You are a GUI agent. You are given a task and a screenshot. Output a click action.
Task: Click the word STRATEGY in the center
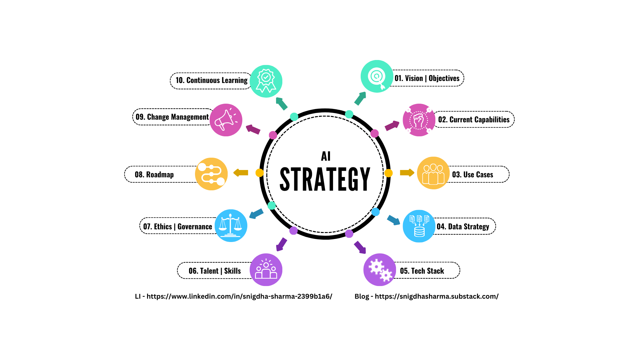325,179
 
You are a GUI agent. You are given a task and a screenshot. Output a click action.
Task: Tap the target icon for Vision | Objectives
377,76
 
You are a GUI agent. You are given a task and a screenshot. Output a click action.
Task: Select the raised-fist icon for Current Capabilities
419,120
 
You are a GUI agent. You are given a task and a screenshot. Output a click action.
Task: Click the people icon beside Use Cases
433,173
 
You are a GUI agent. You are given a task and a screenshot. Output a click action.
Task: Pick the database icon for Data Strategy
419,226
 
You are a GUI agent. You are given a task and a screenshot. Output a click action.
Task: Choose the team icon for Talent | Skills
266,270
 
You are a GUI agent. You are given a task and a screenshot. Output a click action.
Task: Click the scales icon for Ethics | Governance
231,226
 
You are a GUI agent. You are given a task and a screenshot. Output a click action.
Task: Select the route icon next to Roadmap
211,174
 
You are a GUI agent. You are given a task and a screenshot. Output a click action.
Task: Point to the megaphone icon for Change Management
226,120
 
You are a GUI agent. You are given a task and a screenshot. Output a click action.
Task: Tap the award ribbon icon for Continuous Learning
266,81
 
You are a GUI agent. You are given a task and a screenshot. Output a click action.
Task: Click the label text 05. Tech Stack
422,271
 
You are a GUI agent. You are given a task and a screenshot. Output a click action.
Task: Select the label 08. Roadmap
154,174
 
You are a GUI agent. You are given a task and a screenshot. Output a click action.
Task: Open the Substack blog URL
437,296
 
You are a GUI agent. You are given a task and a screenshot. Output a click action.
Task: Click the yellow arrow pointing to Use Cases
407,173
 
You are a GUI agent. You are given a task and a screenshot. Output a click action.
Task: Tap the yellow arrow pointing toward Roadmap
241,173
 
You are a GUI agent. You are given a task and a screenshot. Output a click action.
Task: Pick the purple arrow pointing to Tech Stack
360,247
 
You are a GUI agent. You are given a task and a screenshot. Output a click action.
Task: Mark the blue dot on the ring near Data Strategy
376,212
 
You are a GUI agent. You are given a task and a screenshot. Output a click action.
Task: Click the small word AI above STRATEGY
326,156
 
